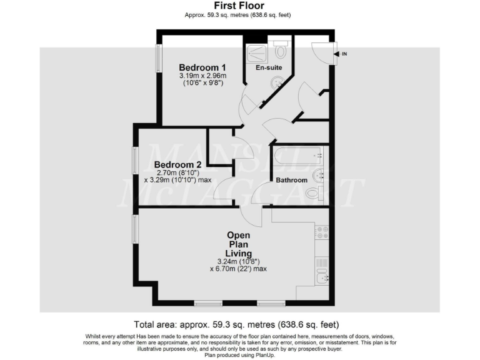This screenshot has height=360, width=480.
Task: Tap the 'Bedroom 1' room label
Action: (202, 67)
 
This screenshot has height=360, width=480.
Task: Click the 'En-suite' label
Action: (269, 67)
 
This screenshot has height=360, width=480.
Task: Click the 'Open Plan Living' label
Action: (239, 244)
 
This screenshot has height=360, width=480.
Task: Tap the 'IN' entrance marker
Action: (344, 54)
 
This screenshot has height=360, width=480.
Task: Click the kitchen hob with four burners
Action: (323, 232)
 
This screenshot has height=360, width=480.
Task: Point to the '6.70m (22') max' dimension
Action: (238, 269)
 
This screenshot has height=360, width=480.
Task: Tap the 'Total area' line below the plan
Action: (237, 324)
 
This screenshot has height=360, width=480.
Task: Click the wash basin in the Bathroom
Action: (319, 174)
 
